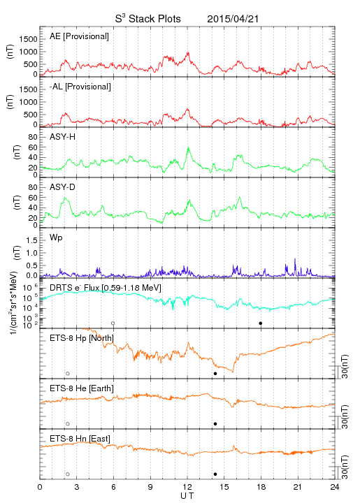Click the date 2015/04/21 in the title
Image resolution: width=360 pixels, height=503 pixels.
233,19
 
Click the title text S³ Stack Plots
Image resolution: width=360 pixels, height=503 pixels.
148,18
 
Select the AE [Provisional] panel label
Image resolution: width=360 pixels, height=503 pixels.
79,36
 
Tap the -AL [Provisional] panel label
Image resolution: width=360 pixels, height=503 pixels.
80,87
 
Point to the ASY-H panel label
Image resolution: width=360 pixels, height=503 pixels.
63,137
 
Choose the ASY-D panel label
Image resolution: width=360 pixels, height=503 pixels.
63,187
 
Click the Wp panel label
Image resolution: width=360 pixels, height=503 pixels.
56,238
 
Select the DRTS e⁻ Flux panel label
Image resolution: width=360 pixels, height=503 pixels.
106,288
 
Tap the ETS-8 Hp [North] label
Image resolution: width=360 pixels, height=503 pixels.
82,338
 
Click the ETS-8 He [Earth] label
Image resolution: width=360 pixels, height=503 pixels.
82,388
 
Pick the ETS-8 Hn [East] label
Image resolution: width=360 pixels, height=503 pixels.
80,439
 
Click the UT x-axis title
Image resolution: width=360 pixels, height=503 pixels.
187,496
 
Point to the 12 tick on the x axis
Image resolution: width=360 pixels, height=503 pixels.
187,487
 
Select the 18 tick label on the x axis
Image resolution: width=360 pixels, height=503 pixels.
261,487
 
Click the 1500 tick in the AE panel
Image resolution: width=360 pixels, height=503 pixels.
28,39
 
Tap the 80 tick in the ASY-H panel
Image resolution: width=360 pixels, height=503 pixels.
33,137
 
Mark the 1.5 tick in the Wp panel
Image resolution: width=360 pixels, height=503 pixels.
31,240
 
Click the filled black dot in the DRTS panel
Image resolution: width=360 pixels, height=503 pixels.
261,323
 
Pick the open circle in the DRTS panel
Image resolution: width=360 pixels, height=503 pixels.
113,323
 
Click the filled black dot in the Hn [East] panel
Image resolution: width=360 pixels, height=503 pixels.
215,474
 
